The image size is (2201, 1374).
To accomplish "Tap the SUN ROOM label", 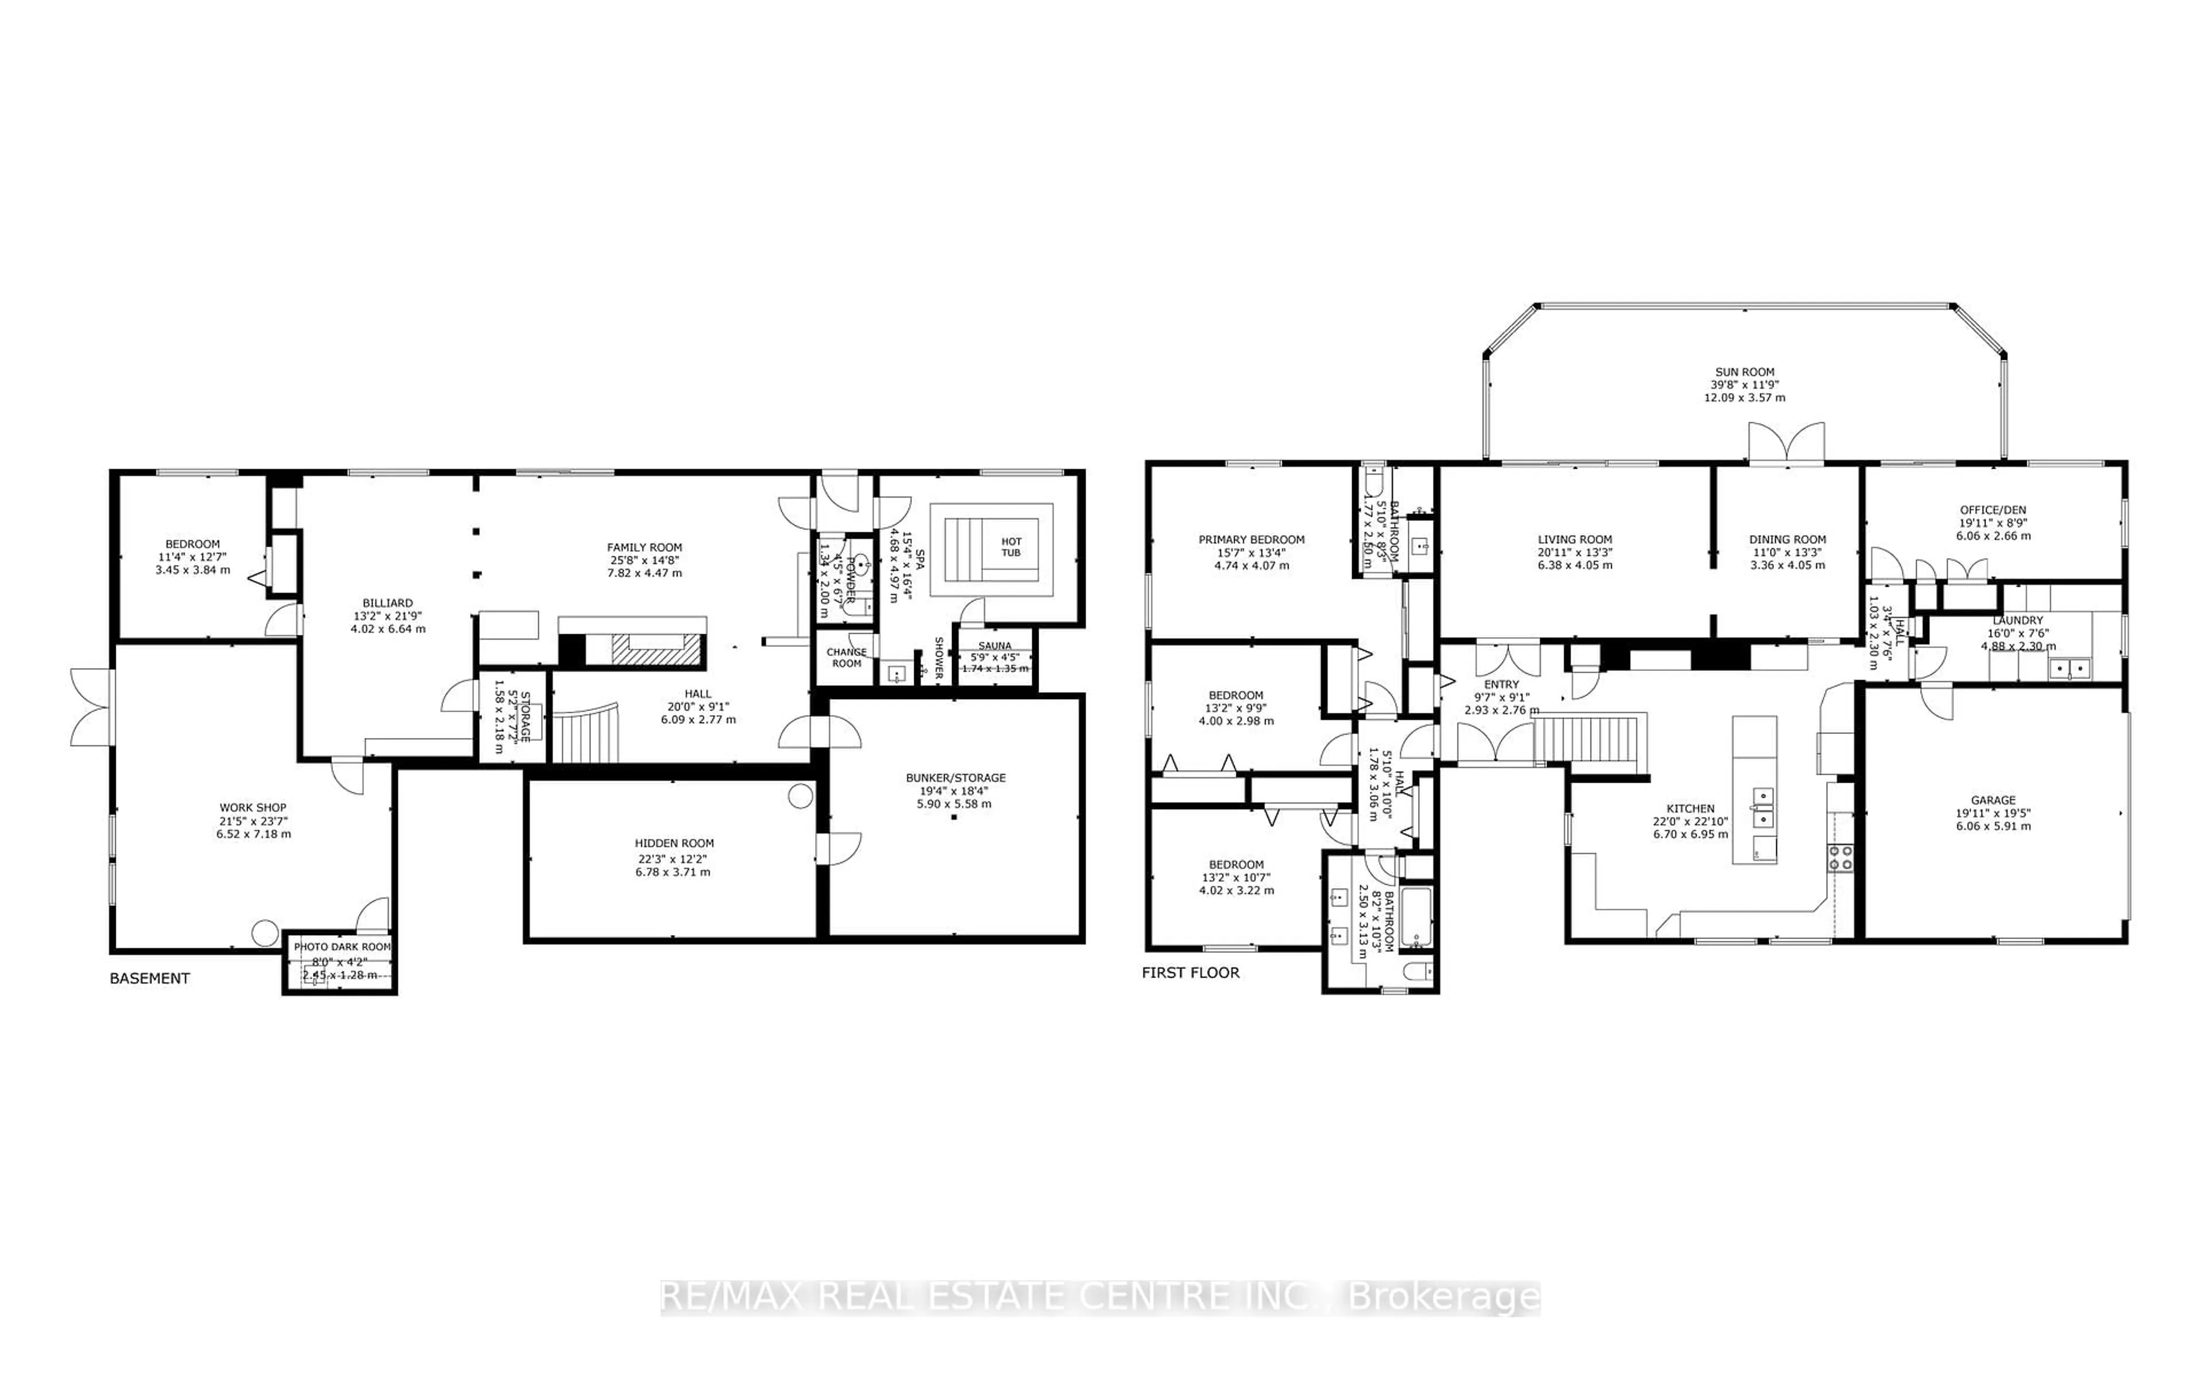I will tap(1744, 372).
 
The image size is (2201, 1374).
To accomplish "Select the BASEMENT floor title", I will tap(150, 978).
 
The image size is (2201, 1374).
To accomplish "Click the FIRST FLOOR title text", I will tap(1190, 972).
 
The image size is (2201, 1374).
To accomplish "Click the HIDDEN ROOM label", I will tap(674, 843).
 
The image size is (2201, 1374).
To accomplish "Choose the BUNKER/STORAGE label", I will tap(955, 778).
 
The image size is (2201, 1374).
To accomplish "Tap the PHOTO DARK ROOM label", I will tap(342, 947).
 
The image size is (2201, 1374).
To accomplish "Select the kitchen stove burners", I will tap(1841, 858).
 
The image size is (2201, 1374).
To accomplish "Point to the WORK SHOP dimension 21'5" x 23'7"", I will tap(253, 821).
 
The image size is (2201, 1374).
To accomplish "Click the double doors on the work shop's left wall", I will tap(91, 707).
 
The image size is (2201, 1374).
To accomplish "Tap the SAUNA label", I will tap(995, 646).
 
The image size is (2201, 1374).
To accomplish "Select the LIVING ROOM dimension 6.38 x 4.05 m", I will tap(1575, 565).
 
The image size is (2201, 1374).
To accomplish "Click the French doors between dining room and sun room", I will tap(1787, 445).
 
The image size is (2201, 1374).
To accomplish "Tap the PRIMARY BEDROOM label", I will tap(1251, 540).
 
